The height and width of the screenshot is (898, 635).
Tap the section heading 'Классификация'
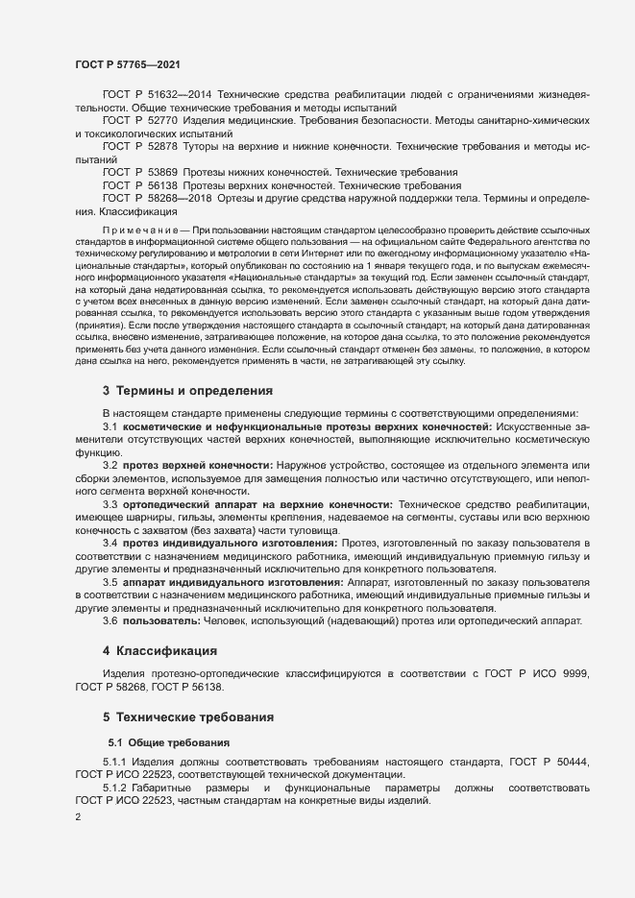(x=160, y=650)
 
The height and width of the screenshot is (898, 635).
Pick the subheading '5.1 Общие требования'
(x=169, y=743)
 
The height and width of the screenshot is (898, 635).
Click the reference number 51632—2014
(x=182, y=96)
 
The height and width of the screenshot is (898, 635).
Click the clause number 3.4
(x=110, y=544)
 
